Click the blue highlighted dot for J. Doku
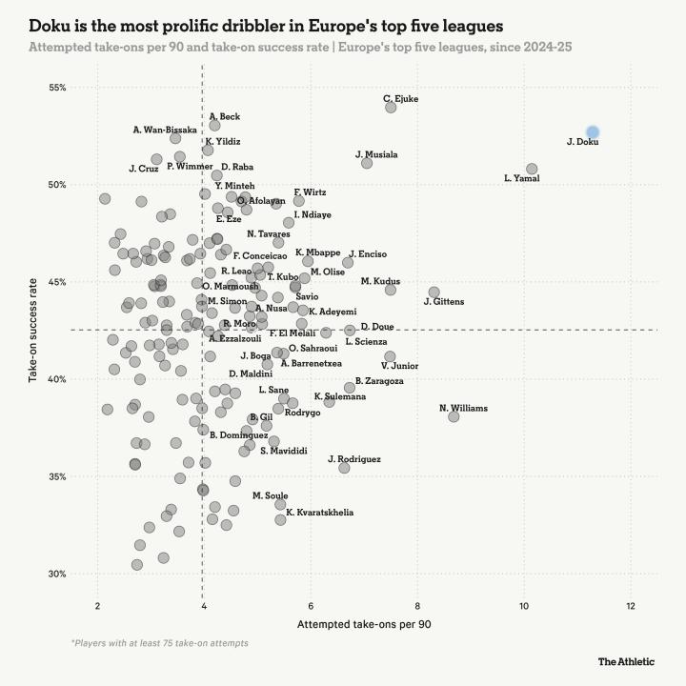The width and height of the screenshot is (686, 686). coord(593,131)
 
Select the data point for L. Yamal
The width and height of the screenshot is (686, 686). coord(532,169)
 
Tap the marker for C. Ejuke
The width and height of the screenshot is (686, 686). coord(391,108)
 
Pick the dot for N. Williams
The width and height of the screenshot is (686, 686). coord(454,416)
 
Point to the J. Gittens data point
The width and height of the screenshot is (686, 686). coord(434,293)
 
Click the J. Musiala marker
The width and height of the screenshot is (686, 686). coord(367,163)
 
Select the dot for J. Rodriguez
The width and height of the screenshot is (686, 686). coord(344,468)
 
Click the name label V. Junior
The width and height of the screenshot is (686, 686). coord(399,365)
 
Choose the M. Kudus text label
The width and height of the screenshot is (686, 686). coord(380,281)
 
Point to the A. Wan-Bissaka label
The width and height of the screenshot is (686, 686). coord(165,130)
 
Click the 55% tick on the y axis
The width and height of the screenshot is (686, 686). coord(56,88)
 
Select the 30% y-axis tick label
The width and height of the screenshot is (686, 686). coord(56,574)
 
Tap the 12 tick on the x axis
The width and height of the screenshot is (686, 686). coord(630,606)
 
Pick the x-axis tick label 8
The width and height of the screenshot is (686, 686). coord(416,606)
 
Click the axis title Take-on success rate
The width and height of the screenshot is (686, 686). coord(33,331)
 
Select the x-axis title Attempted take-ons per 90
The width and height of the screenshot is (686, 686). coord(364,624)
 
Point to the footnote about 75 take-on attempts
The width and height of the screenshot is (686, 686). coord(159,643)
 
